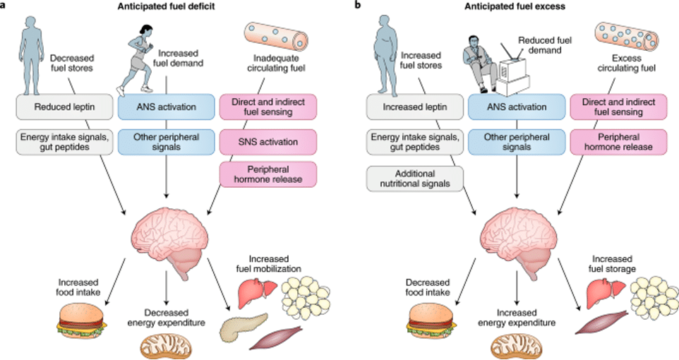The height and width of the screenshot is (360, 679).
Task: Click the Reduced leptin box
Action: (65, 108)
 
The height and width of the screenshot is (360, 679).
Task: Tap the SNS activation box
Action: (269, 142)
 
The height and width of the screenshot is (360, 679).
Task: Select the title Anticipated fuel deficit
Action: (167, 6)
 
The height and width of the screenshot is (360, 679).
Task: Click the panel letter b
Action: (357, 6)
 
